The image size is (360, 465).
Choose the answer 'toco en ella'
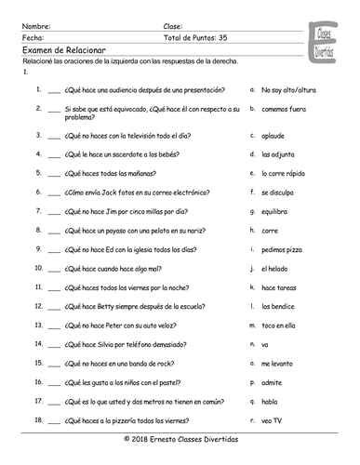click(x=282, y=325)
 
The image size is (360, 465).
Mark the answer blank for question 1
click(x=53, y=91)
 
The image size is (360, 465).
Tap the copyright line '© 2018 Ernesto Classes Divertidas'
click(x=180, y=438)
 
